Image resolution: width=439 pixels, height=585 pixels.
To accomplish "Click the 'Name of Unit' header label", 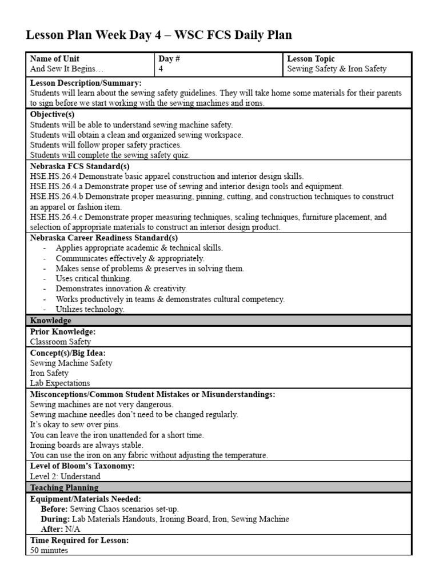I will point(55,59).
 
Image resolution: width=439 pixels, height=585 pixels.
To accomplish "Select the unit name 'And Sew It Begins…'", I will point(67,69).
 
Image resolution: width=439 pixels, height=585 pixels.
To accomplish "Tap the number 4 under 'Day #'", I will point(161,69).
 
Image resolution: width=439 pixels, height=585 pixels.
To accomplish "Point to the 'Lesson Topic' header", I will point(311,59).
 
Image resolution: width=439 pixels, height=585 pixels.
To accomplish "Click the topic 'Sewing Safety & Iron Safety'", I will point(337,69).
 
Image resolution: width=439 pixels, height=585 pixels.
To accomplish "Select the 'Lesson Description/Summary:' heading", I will point(86,83).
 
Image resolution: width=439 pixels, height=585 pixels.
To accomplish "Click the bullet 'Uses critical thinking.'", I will point(94,279).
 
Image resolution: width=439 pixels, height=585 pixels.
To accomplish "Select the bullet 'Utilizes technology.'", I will point(90,309).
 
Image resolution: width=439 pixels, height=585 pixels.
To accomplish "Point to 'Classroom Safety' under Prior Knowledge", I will point(61,342).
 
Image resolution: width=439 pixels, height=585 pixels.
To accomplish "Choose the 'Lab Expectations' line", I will point(60,383).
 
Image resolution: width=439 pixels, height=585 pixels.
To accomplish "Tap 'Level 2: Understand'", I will point(65,476).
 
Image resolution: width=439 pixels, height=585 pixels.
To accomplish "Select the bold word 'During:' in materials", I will point(55,519).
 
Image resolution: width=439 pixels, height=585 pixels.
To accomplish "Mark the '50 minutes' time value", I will point(49,550).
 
